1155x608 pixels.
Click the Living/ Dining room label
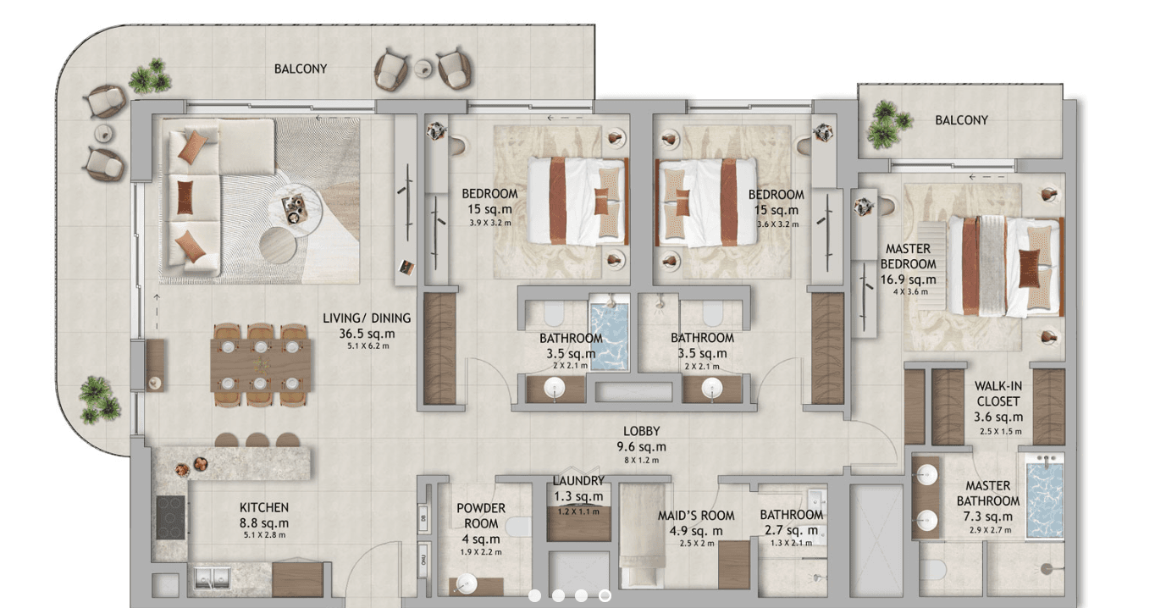pyautogui.click(x=367, y=318)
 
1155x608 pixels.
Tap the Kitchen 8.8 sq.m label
pyautogui.click(x=263, y=515)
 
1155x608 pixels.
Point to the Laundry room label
pyautogui.click(x=578, y=489)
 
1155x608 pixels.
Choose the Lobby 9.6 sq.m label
pyautogui.click(x=641, y=439)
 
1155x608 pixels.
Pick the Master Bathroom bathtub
pyautogui.click(x=1044, y=500)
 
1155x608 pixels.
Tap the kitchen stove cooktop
pyautogui.click(x=170, y=517)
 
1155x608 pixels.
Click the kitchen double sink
pyautogui.click(x=212, y=578)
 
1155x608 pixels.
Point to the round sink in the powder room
pyautogui.click(x=466, y=583)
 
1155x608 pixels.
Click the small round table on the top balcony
pyautogui.click(x=423, y=67)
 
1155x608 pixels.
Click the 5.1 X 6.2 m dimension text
pyautogui.click(x=367, y=345)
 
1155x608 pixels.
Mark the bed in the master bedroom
pyautogui.click(x=1003, y=266)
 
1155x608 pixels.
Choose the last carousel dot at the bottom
pyautogui.click(x=605, y=596)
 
